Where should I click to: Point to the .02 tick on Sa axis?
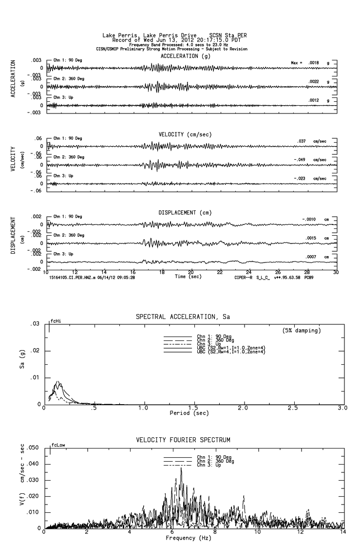pyautogui.click(x=35, y=351)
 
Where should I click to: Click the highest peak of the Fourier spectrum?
pyautogui.click(x=181, y=468)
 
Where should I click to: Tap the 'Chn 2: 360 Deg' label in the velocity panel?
pyautogui.click(x=68, y=157)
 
